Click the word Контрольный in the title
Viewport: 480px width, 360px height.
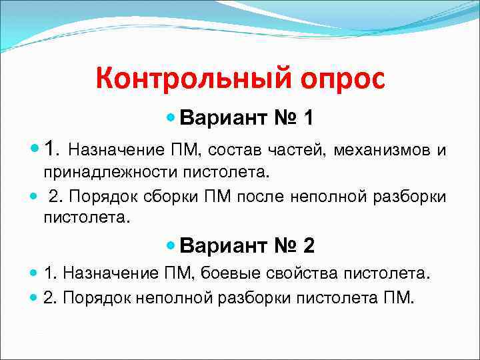(x=184, y=79)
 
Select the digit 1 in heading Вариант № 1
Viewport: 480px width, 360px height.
(x=308, y=118)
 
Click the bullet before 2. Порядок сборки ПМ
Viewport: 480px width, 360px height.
(x=34, y=197)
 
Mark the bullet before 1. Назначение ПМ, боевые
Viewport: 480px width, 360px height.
(x=34, y=273)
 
